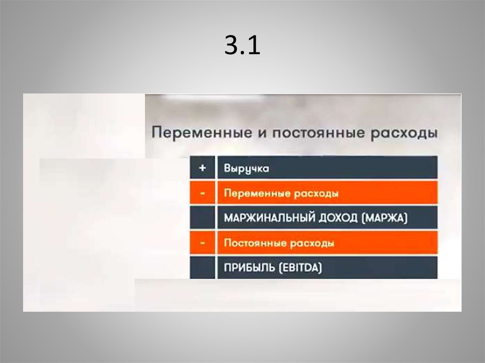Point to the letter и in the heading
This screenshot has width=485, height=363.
(x=259, y=133)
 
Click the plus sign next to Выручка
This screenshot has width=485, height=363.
(x=203, y=168)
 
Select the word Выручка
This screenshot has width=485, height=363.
(x=246, y=168)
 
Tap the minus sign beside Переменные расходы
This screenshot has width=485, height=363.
(x=203, y=193)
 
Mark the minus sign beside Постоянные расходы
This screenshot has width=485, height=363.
(x=203, y=243)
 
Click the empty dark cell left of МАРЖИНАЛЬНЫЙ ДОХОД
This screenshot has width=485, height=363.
(x=203, y=218)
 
